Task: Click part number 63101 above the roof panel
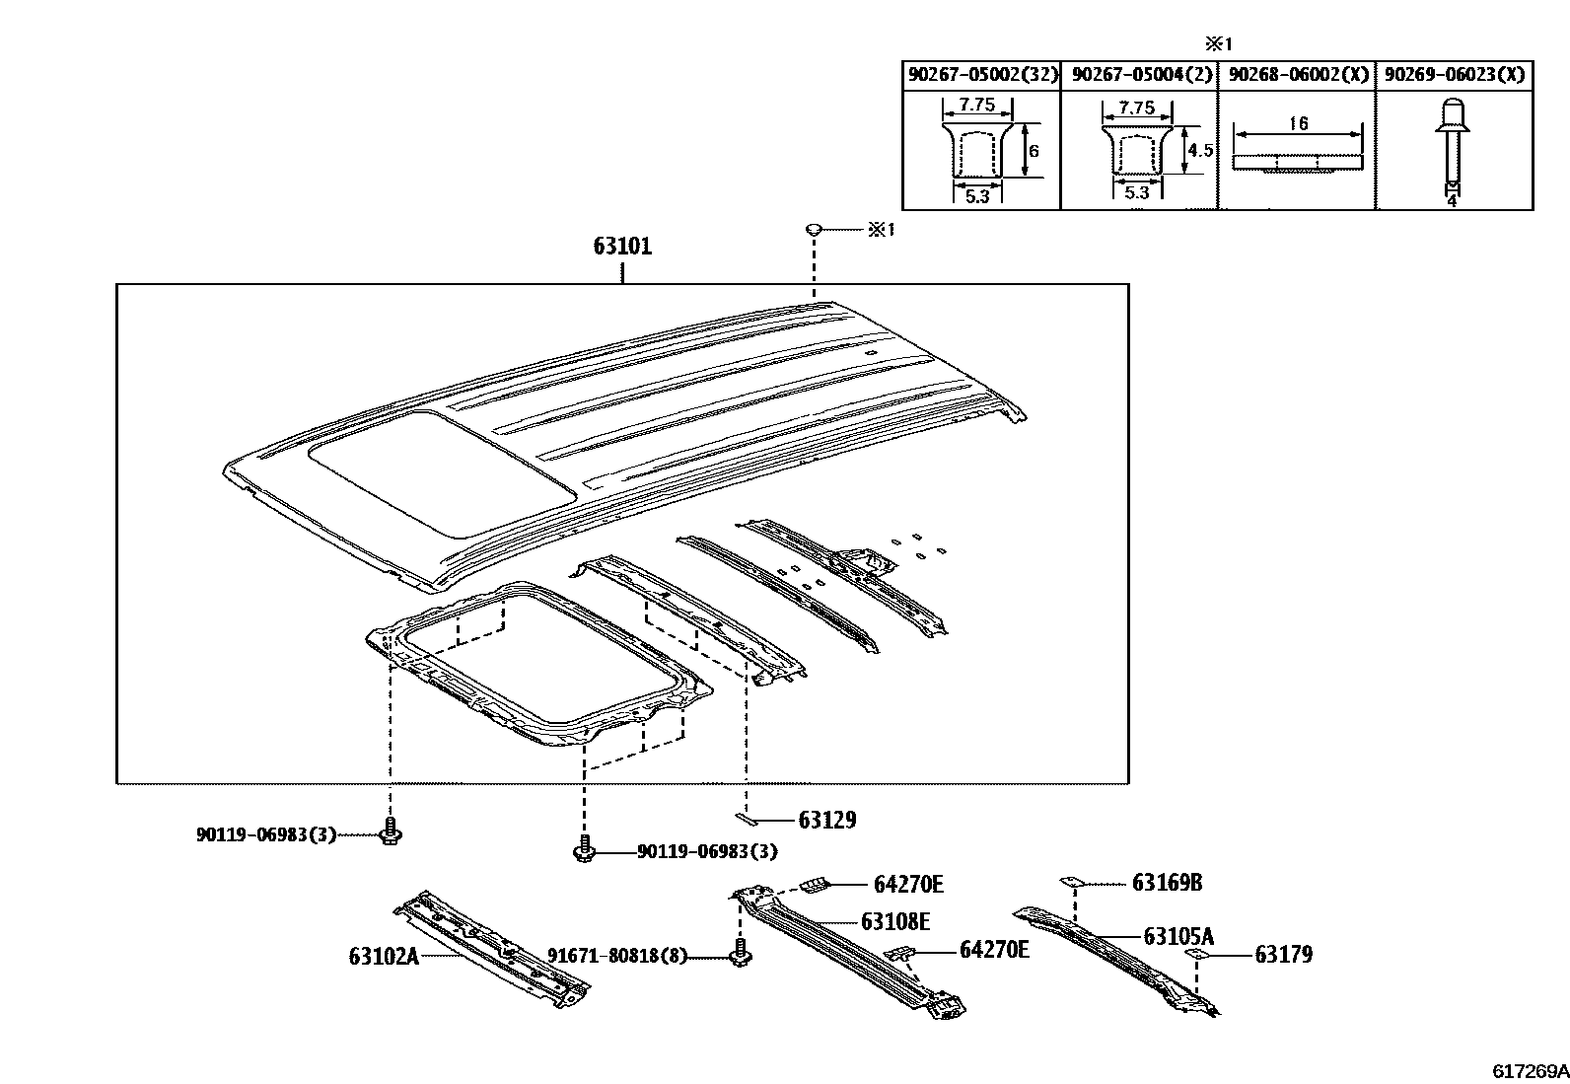point(622,246)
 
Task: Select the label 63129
point(826,820)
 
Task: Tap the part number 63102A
point(384,956)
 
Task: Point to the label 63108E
point(895,921)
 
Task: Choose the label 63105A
point(1178,936)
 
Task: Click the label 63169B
point(1167,883)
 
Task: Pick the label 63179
point(1283,955)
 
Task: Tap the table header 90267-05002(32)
point(981,75)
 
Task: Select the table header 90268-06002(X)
point(1298,75)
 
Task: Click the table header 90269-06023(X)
point(1455,75)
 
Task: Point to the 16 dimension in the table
point(1299,123)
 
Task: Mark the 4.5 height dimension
point(1199,151)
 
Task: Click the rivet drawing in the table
point(1452,148)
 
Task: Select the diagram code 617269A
point(1529,1071)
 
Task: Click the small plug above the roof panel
point(815,230)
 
